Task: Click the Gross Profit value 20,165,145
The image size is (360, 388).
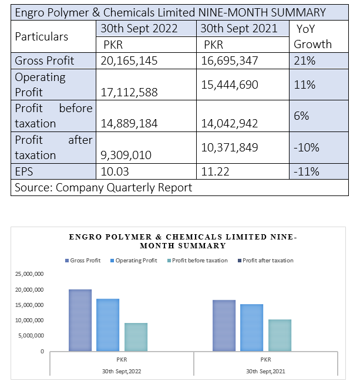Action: [x=129, y=60]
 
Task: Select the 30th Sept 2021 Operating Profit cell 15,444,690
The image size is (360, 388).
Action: [x=230, y=85]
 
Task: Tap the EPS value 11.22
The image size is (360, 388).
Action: [x=215, y=171]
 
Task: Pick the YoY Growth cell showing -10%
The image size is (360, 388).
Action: [x=307, y=147]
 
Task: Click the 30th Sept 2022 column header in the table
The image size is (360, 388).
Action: [x=139, y=28]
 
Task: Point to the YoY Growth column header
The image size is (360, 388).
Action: [x=312, y=36]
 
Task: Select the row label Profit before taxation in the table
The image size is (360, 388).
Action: [x=53, y=116]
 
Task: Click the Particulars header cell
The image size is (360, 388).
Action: [x=41, y=36]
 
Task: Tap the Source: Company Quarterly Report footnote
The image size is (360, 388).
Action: [x=103, y=188]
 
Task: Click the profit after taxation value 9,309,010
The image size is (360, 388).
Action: [x=126, y=155]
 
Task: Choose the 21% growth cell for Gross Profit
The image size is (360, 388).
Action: [x=305, y=60]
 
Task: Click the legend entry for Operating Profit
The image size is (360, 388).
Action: [x=134, y=260]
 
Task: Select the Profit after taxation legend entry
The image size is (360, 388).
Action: [x=265, y=260]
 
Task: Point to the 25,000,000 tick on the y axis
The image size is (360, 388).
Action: [x=29, y=274]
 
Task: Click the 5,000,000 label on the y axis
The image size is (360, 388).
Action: [x=31, y=336]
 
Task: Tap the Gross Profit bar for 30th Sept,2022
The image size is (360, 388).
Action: [x=80, y=320]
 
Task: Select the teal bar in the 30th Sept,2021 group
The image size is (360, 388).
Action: [x=280, y=335]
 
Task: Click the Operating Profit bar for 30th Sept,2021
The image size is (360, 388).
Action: [x=251, y=328]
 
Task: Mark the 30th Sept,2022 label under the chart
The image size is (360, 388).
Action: [x=122, y=371]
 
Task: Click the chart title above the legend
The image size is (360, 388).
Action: [x=183, y=241]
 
